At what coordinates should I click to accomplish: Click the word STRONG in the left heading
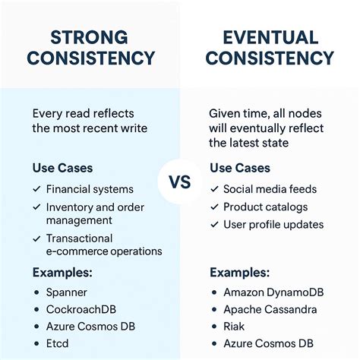90,36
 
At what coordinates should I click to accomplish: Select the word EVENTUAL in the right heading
271,36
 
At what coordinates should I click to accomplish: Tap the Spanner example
67,292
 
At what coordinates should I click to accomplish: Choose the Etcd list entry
58,343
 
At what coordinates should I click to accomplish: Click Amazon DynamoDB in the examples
270,292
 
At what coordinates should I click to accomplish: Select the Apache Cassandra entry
270,309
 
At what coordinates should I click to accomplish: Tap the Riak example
235,327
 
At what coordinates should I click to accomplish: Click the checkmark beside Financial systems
36,189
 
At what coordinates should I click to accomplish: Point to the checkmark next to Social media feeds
213,189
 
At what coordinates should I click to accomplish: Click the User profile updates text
273,224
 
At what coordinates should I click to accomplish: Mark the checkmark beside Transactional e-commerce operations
36,238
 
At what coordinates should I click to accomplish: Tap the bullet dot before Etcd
36,343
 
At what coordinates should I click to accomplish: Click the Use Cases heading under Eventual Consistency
238,167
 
